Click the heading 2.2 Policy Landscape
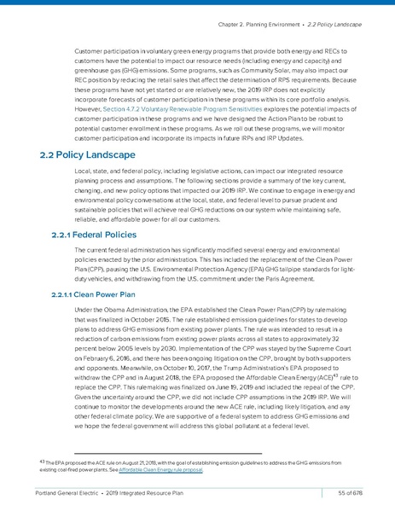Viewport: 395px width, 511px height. tap(87, 155)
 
